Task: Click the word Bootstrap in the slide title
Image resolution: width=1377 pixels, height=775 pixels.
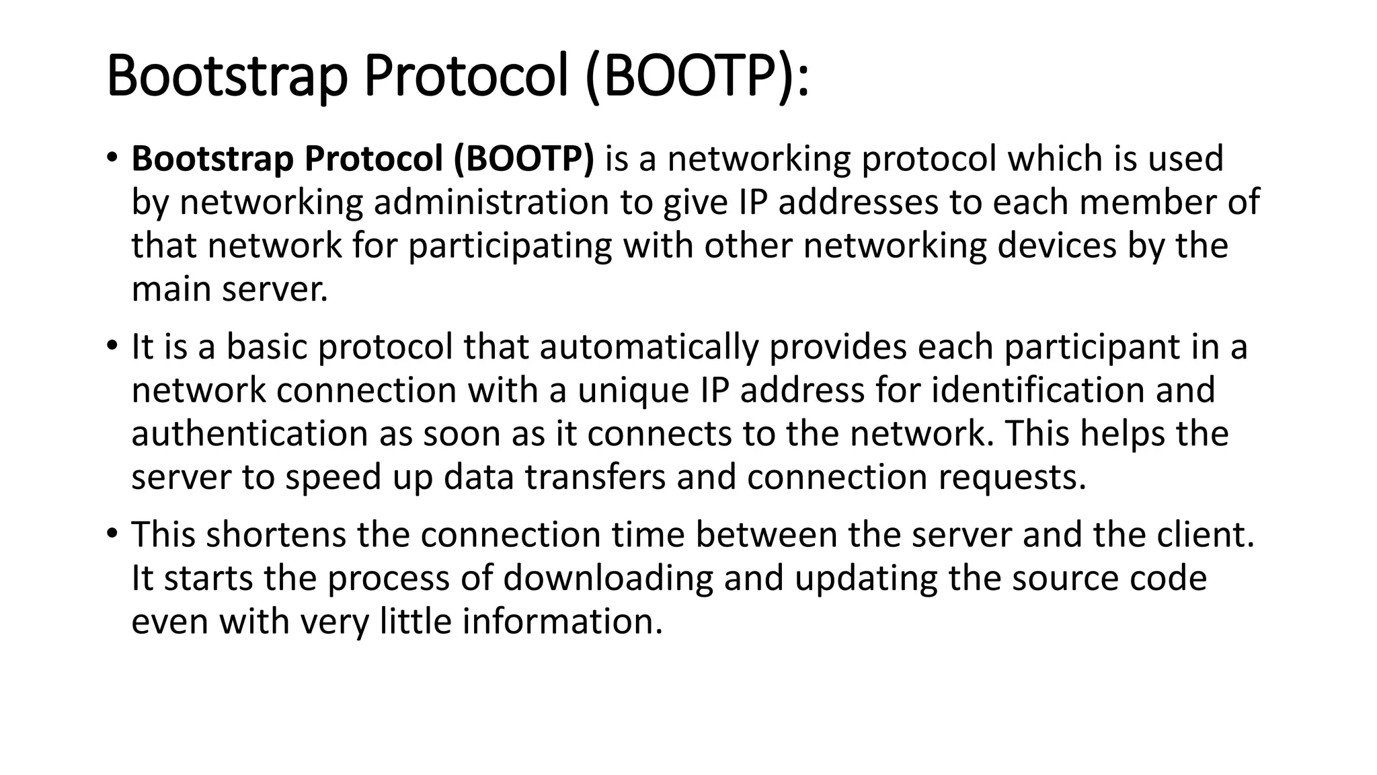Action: pos(227,77)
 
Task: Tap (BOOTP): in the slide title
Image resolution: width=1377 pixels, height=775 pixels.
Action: pos(697,77)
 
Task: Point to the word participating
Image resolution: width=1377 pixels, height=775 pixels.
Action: pos(510,246)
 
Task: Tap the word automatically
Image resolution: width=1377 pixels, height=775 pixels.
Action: pos(649,348)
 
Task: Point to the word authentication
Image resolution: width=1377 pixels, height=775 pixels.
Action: pos(249,434)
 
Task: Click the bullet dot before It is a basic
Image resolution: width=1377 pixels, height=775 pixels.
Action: pos(112,345)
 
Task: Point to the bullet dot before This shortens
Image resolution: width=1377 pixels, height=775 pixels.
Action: pos(112,533)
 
